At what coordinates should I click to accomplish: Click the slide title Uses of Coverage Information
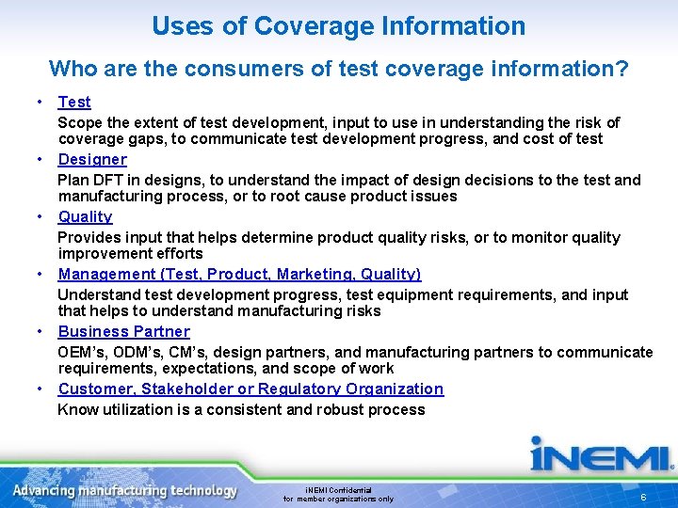click(338, 26)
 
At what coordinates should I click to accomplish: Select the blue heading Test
click(74, 102)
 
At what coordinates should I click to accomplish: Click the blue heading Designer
click(92, 159)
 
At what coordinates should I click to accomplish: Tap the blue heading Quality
click(85, 216)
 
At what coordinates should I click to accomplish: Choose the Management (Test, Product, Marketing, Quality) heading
click(239, 274)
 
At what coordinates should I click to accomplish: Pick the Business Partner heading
click(123, 331)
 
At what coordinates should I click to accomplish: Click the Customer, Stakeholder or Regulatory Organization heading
click(250, 389)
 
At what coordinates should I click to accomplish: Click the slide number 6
click(642, 496)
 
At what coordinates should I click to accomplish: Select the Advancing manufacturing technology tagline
click(125, 490)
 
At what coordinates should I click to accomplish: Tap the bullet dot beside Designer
click(41, 159)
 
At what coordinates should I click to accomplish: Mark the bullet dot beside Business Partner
click(41, 331)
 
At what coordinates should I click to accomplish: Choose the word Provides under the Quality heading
click(87, 237)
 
